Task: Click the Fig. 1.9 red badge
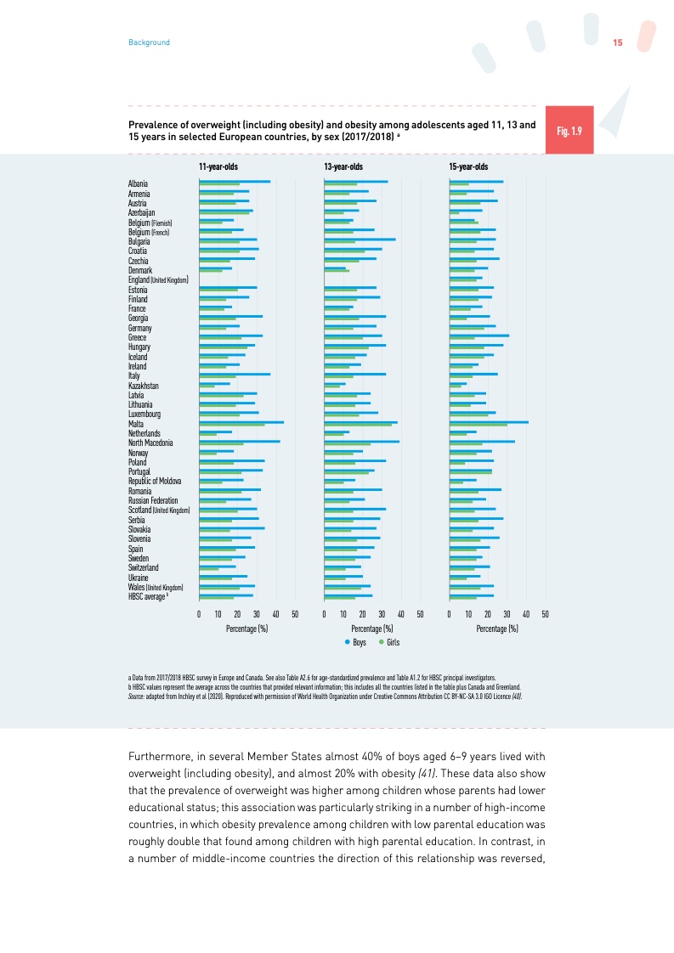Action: pos(569,131)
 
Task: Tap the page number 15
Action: pos(618,42)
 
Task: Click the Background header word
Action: pos(149,42)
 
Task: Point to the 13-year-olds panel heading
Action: pos(343,166)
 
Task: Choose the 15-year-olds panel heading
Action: pos(468,166)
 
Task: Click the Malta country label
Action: pos(136,423)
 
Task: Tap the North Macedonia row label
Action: pos(150,443)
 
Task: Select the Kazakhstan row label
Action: pos(144,386)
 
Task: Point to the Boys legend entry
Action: pos(355,643)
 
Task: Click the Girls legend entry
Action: pos(388,643)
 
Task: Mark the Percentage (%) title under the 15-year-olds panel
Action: pos(497,629)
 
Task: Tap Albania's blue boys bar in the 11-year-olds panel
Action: pos(235,182)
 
